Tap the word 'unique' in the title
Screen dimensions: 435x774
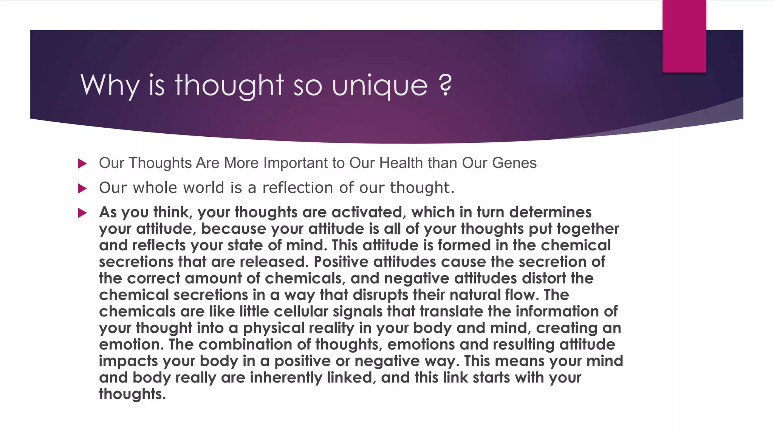[379, 86]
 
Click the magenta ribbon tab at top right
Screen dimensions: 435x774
[684, 36]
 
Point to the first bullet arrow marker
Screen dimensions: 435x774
[82, 164]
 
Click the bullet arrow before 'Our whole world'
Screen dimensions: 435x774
[82, 188]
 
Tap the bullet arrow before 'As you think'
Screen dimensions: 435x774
[82, 213]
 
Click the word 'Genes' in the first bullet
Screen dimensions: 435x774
[514, 163]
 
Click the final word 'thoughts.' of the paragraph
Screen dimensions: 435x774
[132, 394]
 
